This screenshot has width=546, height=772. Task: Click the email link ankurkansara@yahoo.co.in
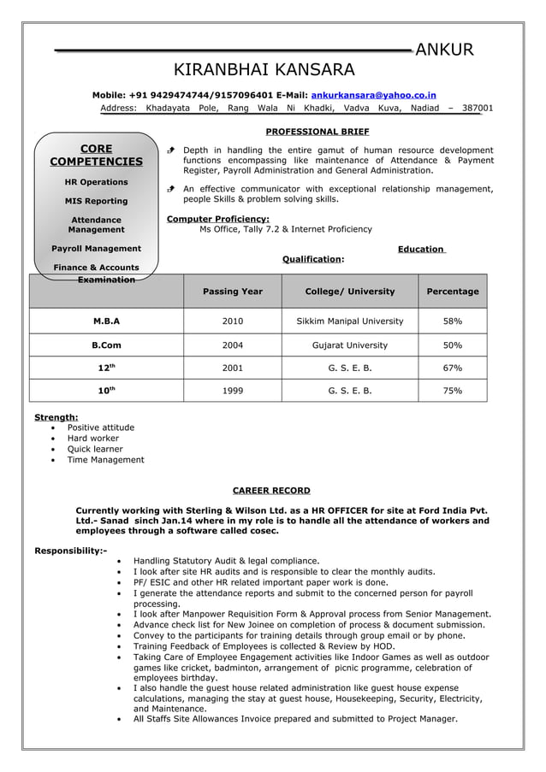pos(373,95)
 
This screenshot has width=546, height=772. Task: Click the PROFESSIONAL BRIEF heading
pos(318,132)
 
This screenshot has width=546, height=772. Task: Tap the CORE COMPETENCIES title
pos(96,156)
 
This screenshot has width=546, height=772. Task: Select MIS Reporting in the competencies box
pos(96,201)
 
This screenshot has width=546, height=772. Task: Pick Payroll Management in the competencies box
pos(96,249)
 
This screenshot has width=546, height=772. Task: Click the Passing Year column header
pos(233,292)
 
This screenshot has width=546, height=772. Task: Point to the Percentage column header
pos(453,292)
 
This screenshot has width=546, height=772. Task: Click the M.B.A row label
pos(106,321)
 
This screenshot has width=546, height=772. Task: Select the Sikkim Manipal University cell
pos(350,321)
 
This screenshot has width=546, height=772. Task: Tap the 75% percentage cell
pos(453,391)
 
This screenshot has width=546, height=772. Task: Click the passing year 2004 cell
pos(233,345)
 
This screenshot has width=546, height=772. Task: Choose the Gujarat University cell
pos(350,345)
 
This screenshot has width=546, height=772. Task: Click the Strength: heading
pos(56,417)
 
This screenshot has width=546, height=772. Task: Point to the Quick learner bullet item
pos(95,449)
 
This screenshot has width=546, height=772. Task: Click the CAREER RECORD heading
pos(271,491)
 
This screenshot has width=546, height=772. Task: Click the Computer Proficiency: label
pos(217,219)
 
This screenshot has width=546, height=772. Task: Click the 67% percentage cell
pos(453,368)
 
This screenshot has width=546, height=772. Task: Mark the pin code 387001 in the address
pos(478,109)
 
